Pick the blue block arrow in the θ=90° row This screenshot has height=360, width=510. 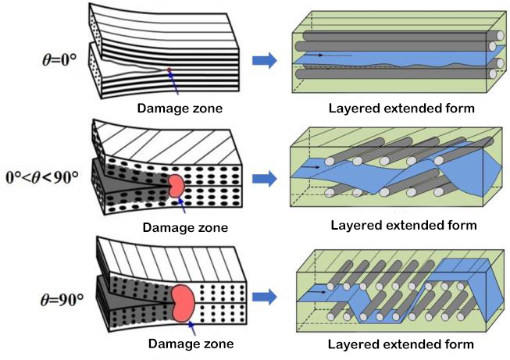266,297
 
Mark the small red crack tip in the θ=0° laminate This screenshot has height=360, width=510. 169,73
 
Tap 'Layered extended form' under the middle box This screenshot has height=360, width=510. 403,226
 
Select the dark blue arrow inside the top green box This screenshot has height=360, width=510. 315,55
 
